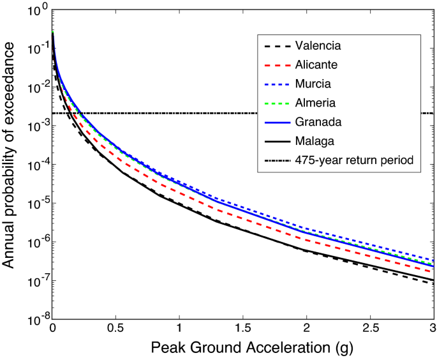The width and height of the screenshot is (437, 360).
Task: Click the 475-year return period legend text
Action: click(x=354, y=159)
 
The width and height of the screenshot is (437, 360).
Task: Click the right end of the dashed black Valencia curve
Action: click(x=432, y=283)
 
